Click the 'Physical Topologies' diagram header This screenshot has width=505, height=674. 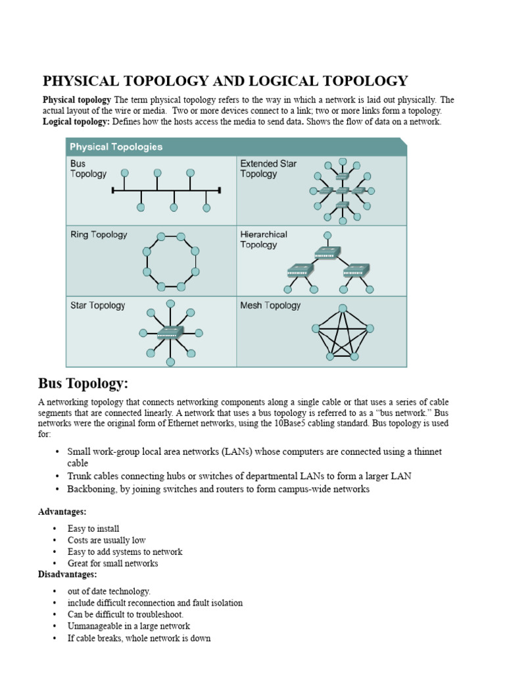coord(116,146)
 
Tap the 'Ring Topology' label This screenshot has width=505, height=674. coord(99,234)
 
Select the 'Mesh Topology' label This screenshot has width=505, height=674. coord(270,305)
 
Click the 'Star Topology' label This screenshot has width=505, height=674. coord(97,305)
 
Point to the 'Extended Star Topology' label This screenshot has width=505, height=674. coord(268,168)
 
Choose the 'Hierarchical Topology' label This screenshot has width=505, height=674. coord(264,239)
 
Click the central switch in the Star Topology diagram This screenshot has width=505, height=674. coord(170,332)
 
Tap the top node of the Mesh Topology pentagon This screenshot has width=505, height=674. coord(343,308)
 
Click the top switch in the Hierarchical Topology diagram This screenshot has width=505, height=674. coord(327,252)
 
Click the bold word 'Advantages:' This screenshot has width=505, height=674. coord(62,511)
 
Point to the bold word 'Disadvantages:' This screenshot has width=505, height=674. coord(68,575)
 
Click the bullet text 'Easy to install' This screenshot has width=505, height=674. coord(93,529)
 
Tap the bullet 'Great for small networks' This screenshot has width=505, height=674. coord(112,563)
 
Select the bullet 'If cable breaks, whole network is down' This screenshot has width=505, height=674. coord(139,638)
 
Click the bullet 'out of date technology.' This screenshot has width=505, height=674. coord(108,591)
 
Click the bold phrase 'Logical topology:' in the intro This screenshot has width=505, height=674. coord(76,122)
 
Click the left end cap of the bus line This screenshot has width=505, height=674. coord(113,191)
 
